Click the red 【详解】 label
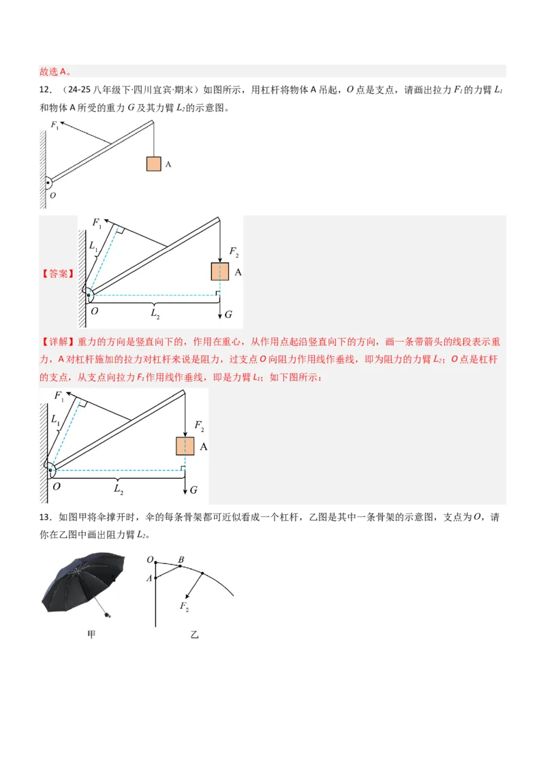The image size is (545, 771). point(58,341)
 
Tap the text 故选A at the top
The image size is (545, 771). point(54,71)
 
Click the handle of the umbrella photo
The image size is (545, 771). point(109,615)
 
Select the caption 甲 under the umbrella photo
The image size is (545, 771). point(92,635)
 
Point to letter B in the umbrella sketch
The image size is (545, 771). point(181,560)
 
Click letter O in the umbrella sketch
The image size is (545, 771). point(149,560)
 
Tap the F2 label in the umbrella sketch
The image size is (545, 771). point(185,606)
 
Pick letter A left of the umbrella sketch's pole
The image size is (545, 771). point(149,578)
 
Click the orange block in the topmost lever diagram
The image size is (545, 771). point(153,164)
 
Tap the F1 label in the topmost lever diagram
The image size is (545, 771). point(55,125)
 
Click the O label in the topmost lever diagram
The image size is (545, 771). point(51,195)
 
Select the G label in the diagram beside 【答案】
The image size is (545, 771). point(228,315)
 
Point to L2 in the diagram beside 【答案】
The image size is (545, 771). point(156,314)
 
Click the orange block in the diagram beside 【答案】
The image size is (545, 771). point(219,272)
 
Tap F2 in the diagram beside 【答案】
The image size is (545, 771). point(234,253)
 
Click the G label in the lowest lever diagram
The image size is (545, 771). point(193,490)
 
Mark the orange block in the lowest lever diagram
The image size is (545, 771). point(185,446)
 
